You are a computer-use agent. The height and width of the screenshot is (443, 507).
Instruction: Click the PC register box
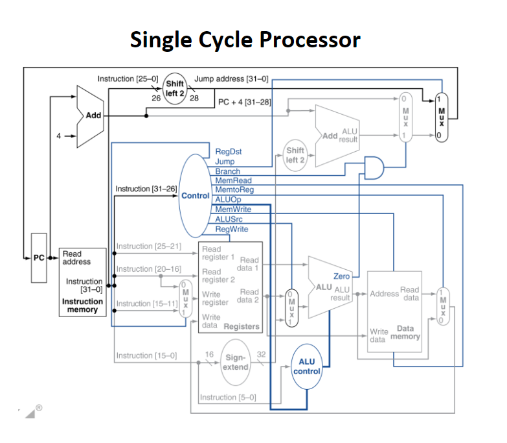39,257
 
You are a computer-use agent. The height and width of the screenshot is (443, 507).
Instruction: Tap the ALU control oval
306,366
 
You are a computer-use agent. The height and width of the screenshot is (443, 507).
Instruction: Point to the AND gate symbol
374,167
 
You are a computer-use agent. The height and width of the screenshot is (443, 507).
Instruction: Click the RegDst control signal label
229,152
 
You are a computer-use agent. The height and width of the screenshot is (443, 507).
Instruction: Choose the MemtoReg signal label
234,190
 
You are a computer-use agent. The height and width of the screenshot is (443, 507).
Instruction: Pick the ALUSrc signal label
229,219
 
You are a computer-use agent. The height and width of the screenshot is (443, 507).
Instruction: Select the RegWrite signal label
231,229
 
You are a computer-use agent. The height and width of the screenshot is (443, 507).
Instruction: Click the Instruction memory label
82,305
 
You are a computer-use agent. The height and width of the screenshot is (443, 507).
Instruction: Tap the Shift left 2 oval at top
175,84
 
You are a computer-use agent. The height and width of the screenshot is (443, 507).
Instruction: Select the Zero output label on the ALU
341,276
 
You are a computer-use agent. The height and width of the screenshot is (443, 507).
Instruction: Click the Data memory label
406,333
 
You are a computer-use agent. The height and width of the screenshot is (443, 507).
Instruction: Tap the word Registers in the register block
241,326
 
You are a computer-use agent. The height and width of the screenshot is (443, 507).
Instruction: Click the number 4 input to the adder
58,136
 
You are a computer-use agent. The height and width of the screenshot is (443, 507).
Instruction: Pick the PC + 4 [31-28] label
243,102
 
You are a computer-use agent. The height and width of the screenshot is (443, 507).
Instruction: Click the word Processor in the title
310,40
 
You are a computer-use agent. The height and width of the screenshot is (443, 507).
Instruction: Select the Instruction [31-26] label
146,189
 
